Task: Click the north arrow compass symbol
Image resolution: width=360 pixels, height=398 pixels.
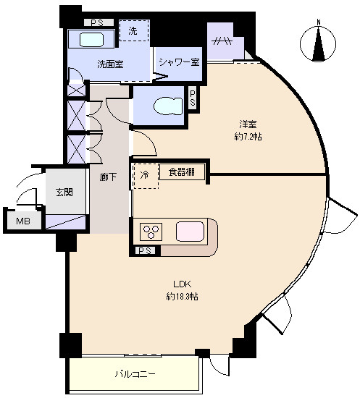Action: point(318,43)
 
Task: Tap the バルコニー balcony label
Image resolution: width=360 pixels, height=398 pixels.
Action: point(135,373)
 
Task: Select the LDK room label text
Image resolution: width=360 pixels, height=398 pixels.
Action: point(182,284)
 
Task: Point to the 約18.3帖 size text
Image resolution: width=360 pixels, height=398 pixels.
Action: point(182,296)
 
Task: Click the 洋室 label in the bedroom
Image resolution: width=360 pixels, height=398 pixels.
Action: point(248,124)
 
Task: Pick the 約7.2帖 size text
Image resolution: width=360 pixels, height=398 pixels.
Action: point(248,137)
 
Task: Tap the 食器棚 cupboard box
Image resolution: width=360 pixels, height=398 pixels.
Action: point(182,172)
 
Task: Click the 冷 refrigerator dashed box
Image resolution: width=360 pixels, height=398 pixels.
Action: point(146,176)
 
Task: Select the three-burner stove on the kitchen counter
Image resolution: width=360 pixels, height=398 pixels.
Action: point(151,232)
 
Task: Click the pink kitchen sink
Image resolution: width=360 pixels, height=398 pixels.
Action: point(190,232)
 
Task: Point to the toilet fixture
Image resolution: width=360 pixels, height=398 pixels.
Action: point(168,106)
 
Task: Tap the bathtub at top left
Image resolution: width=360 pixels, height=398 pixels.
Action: point(91,39)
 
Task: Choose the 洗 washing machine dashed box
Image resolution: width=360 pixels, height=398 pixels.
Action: point(134,30)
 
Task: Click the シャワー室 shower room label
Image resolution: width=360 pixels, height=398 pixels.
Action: point(180,62)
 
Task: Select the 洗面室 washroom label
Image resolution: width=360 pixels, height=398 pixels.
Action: point(111,64)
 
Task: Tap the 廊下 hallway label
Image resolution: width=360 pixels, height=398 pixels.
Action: point(108,177)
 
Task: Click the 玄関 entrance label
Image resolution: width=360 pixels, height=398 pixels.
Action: point(64,192)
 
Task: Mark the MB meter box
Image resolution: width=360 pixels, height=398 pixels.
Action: point(23,221)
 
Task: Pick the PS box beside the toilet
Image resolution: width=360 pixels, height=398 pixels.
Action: point(193,98)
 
